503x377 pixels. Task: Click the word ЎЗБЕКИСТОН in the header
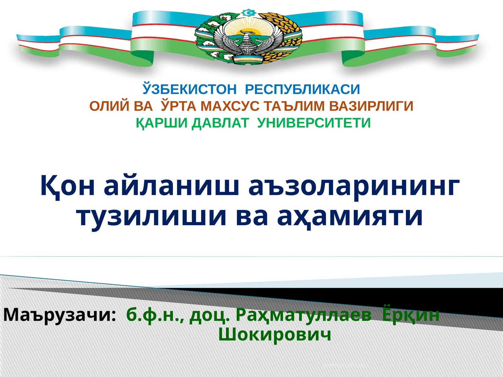pyautogui.click(x=190, y=90)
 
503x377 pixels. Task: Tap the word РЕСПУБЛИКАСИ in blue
pyautogui.click(x=302, y=90)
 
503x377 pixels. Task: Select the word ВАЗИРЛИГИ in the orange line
pyautogui.click(x=371, y=106)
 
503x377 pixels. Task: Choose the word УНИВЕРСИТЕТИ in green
pyautogui.click(x=314, y=123)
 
